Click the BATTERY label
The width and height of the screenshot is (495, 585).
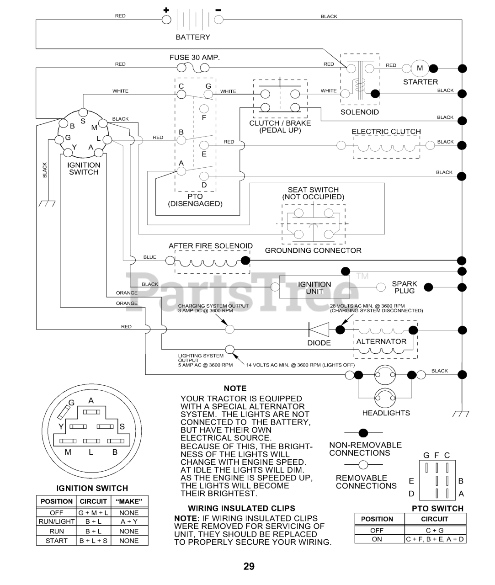click(193, 37)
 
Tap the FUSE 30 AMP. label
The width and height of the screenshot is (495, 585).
click(195, 58)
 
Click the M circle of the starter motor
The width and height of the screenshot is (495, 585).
click(420, 69)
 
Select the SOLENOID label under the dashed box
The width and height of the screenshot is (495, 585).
click(359, 112)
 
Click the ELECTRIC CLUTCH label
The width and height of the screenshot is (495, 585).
click(386, 132)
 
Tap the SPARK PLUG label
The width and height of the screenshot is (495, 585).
click(405, 287)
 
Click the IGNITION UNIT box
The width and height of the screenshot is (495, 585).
click(314, 287)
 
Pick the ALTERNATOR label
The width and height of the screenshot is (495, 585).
click(381, 341)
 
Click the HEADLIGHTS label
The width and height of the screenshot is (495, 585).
click(386, 413)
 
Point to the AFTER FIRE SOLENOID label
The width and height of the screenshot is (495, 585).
click(211, 246)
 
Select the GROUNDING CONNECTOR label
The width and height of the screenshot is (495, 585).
click(313, 250)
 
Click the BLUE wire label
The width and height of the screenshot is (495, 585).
click(150, 257)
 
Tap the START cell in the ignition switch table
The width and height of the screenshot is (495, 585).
click(57, 540)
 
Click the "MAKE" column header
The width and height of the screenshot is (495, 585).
click(129, 501)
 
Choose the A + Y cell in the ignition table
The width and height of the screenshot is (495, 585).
click(129, 521)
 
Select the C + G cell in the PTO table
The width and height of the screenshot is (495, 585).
click(435, 531)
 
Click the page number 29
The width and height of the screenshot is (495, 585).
click(249, 567)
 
